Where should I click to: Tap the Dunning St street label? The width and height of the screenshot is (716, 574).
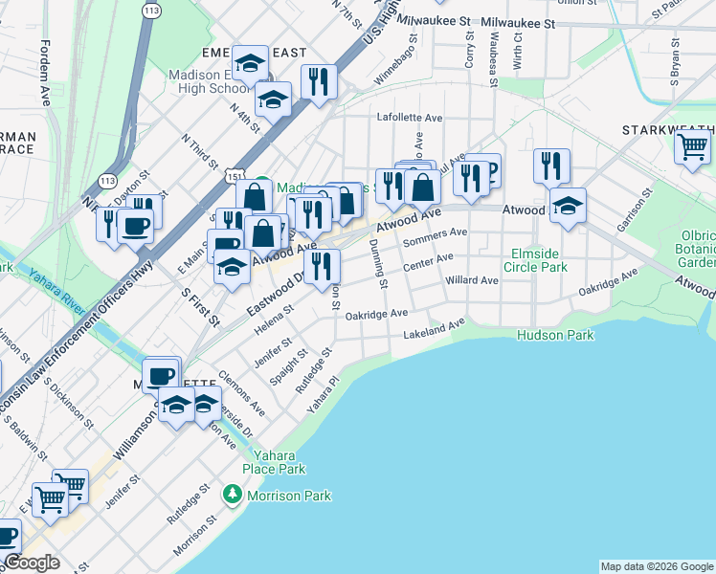380,263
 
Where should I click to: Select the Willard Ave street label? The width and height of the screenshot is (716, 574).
472,281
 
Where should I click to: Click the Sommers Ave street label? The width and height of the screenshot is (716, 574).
435,237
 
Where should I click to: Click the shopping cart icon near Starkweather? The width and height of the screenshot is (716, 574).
692,147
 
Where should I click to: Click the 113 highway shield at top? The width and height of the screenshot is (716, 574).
151,10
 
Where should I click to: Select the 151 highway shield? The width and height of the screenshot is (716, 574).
235,177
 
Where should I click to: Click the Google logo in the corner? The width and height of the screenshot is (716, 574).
31,563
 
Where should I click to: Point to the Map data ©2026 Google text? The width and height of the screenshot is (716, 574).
656,566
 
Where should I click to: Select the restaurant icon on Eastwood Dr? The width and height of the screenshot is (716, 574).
321,265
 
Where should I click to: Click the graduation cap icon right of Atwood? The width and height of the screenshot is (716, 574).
568,205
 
